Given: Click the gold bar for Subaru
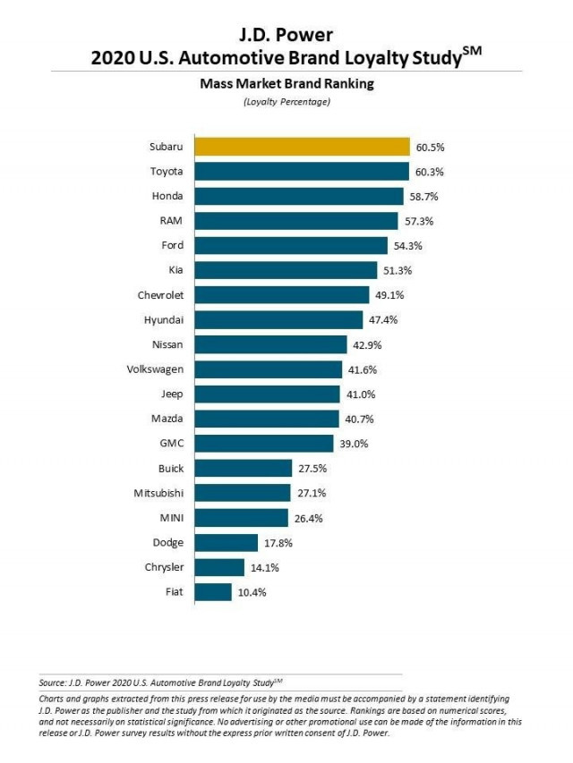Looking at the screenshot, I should pyautogui.click(x=301, y=147).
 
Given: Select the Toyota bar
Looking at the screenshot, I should pyautogui.click(x=300, y=172).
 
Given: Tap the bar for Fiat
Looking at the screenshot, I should pyautogui.click(x=212, y=591).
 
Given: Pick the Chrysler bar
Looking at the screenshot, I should pyautogui.click(x=218, y=567).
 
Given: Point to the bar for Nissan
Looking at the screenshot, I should pyautogui.click(x=270, y=344).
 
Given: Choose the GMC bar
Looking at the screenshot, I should pyautogui.click(x=261, y=443).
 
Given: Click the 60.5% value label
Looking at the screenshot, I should pyautogui.click(x=428, y=147).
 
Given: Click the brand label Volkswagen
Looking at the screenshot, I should pyautogui.click(x=158, y=369).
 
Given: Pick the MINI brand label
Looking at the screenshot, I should pyautogui.click(x=171, y=517).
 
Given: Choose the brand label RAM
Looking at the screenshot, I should pyautogui.click(x=173, y=221).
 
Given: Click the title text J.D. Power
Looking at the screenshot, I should pyautogui.click(x=286, y=36).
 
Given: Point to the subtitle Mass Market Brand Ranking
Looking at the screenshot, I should pyautogui.click(x=286, y=86).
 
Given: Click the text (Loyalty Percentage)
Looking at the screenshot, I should pyautogui.click(x=286, y=103).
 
